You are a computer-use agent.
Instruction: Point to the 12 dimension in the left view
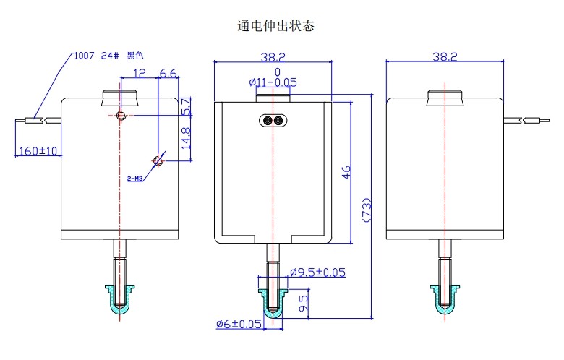tap(140, 73)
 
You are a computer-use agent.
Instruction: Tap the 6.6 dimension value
tap(168, 73)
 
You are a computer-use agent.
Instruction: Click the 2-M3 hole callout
tap(134, 177)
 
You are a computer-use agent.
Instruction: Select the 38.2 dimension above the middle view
tap(273, 56)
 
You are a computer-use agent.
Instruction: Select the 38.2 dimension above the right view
tap(444, 56)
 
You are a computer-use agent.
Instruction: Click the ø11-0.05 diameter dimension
tap(274, 82)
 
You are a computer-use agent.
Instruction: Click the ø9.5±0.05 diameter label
tap(317, 273)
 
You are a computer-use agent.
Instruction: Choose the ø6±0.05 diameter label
tap(239, 324)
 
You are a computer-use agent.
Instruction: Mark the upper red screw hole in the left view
tap(121, 116)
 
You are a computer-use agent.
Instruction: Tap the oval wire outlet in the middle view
tap(273, 120)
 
